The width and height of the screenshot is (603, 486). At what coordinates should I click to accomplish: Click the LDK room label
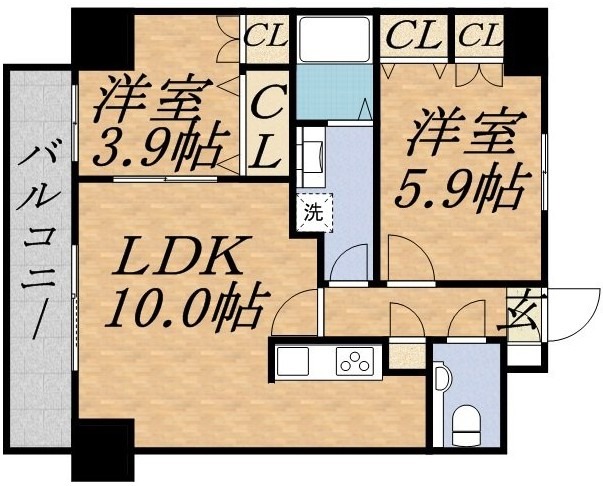click(x=179, y=256)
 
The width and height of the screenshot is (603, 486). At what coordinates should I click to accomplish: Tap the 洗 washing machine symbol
click(x=314, y=213)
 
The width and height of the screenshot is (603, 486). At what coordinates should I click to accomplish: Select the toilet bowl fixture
click(x=466, y=426)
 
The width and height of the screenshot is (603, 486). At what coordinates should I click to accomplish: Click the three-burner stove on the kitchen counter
click(x=355, y=361)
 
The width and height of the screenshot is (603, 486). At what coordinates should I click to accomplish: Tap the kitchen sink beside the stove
click(x=293, y=361)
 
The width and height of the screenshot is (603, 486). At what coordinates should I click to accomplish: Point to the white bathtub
click(x=335, y=39)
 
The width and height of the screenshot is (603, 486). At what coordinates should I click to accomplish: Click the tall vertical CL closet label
click(x=267, y=126)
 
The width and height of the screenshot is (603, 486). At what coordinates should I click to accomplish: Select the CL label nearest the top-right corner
click(x=480, y=37)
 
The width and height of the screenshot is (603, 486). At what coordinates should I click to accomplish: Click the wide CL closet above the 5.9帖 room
click(x=414, y=37)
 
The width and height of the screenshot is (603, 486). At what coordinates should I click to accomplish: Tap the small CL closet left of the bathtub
click(x=267, y=37)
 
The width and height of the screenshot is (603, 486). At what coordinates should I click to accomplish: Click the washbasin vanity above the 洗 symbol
click(x=311, y=157)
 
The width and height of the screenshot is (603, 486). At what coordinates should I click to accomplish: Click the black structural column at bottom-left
click(x=103, y=450)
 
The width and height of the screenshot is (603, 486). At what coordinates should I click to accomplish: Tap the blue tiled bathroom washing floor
click(x=335, y=92)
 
